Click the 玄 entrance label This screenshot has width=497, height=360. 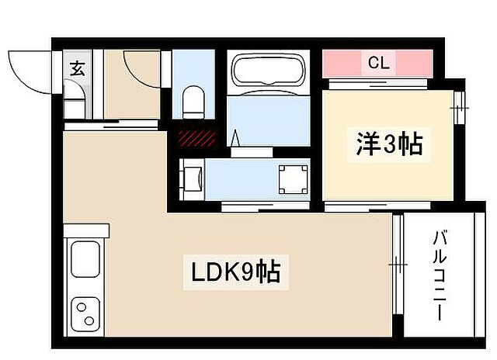pyautogui.click(x=78, y=67)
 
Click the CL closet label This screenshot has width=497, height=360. pyautogui.click(x=378, y=63)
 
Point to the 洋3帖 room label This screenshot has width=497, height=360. pyautogui.click(x=389, y=145)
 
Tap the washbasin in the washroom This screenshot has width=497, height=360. pyautogui.click(x=193, y=179)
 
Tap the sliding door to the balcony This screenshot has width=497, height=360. pyautogui.click(x=396, y=264)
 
